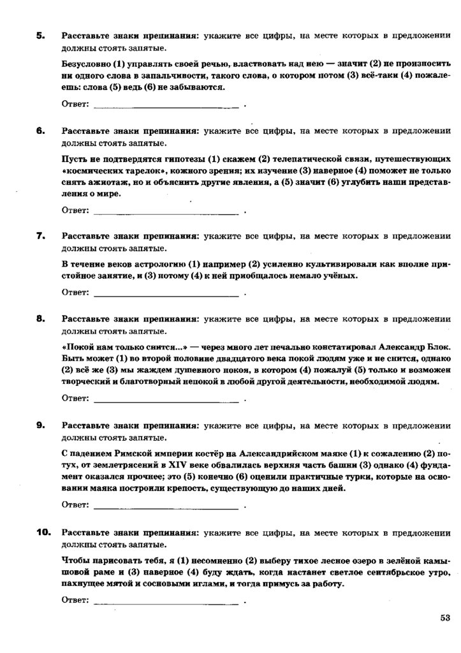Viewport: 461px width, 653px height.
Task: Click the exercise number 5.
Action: point(40,36)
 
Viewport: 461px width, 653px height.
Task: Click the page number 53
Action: point(444,617)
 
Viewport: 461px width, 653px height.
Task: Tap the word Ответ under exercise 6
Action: point(75,209)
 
